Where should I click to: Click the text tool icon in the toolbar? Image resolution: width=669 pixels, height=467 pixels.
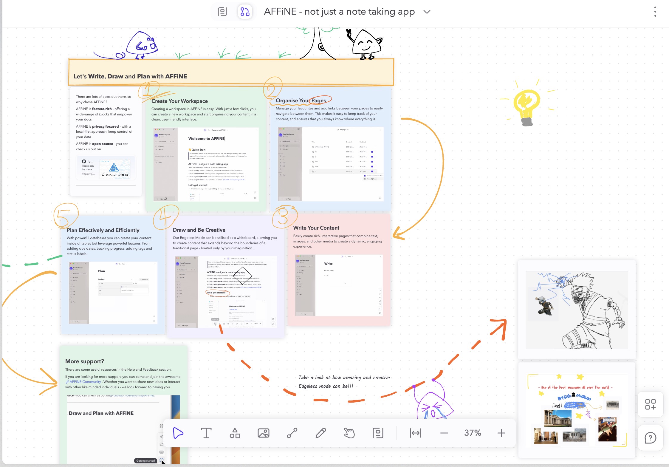coord(206,433)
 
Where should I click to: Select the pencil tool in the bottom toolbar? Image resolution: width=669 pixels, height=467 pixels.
coord(321,433)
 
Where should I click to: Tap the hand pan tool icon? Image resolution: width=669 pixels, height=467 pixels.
coord(349,433)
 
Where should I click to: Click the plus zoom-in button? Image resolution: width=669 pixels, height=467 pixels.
coord(501,433)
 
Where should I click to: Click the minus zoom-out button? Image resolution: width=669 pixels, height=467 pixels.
coord(444,433)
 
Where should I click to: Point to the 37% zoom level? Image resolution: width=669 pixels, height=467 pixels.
coord(473,433)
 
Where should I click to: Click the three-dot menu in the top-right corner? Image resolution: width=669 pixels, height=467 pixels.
coord(655,12)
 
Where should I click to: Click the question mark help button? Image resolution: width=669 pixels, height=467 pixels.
coord(650,438)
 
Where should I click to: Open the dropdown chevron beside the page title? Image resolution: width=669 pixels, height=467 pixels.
coord(427,12)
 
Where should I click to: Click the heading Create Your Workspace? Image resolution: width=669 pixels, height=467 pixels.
coord(179,101)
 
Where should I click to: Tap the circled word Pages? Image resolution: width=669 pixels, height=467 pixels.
coord(319,100)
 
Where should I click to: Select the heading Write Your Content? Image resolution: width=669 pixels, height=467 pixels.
coord(316,228)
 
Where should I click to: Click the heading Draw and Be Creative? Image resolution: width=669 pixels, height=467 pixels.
coord(199,230)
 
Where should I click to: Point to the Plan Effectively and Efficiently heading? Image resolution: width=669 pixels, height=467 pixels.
coord(103,230)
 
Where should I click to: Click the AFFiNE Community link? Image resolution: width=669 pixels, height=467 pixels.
coord(85,382)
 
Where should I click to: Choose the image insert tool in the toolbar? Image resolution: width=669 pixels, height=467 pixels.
coord(263,433)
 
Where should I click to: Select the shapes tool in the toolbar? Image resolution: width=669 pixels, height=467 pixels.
coord(235,433)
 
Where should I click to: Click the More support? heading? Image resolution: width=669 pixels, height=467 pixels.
coord(84,361)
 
